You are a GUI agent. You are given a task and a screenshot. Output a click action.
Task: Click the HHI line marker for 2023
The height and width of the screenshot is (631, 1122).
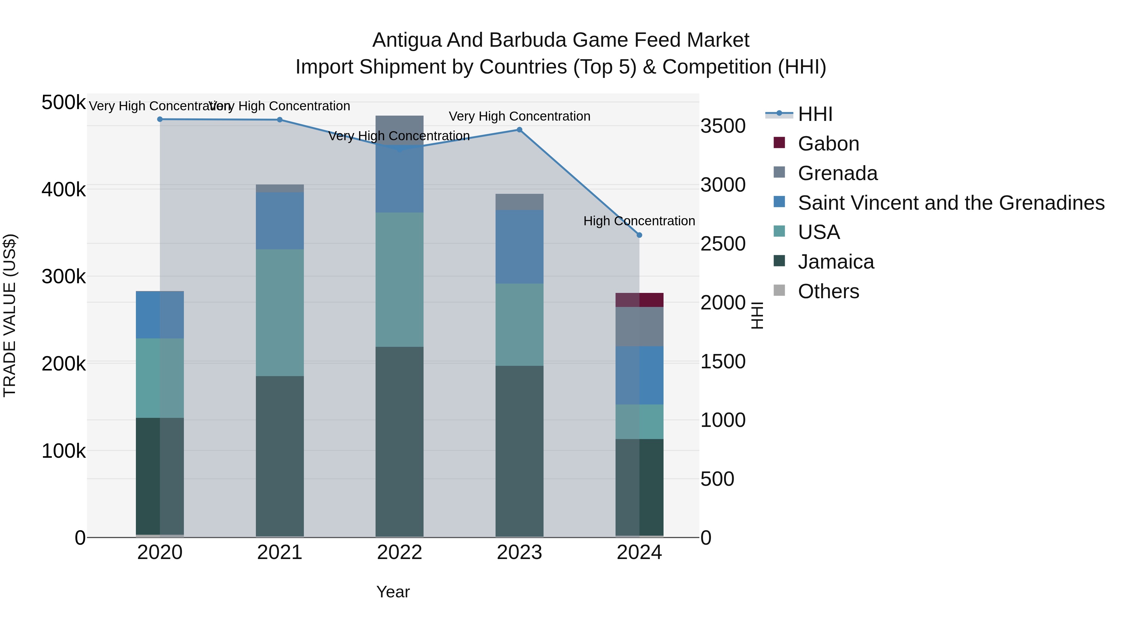coord(519,130)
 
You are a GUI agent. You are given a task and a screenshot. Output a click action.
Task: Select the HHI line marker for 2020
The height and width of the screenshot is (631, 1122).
coord(160,119)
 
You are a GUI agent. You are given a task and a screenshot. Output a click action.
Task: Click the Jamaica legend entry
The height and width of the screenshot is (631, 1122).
coord(835,262)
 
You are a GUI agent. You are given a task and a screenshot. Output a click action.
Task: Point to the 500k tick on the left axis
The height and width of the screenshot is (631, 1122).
coord(63,103)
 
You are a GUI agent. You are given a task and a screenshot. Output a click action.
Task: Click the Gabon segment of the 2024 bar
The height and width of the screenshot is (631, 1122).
coord(639,300)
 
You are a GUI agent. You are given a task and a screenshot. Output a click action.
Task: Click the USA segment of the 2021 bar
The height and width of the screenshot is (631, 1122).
coord(280,313)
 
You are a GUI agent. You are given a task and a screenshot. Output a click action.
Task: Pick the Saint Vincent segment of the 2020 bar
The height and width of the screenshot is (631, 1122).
coord(160,315)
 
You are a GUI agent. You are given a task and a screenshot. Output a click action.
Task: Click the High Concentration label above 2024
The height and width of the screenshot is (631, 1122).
coord(639,221)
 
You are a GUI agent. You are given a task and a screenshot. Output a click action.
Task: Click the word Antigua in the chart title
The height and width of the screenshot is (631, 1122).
coord(406,41)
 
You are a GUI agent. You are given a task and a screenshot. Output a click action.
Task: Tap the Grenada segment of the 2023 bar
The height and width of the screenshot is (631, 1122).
coord(519,202)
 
